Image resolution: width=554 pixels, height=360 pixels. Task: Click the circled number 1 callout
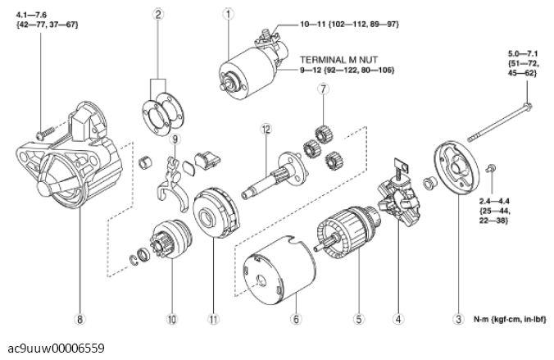point(228,13)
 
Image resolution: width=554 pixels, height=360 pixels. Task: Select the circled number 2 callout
point(157,13)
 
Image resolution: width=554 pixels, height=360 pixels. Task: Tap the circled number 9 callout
point(174,139)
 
